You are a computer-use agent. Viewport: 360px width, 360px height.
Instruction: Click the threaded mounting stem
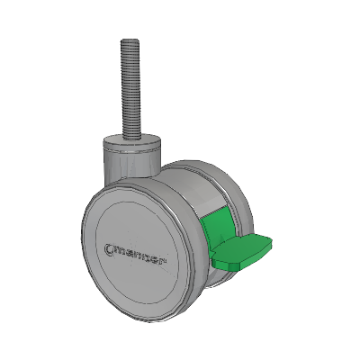pyautogui.click(x=131, y=89)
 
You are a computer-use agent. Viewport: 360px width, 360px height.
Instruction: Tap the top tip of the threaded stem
pyautogui.click(x=131, y=40)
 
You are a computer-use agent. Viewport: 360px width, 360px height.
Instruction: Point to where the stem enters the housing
pyautogui.click(x=131, y=139)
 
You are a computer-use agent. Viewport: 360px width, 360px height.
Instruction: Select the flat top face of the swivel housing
pyautogui.click(x=132, y=140)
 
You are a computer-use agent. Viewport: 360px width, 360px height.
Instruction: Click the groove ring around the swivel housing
pyautogui.click(x=132, y=151)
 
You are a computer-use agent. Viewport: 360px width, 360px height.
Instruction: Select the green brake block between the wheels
pyautogui.click(x=214, y=228)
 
